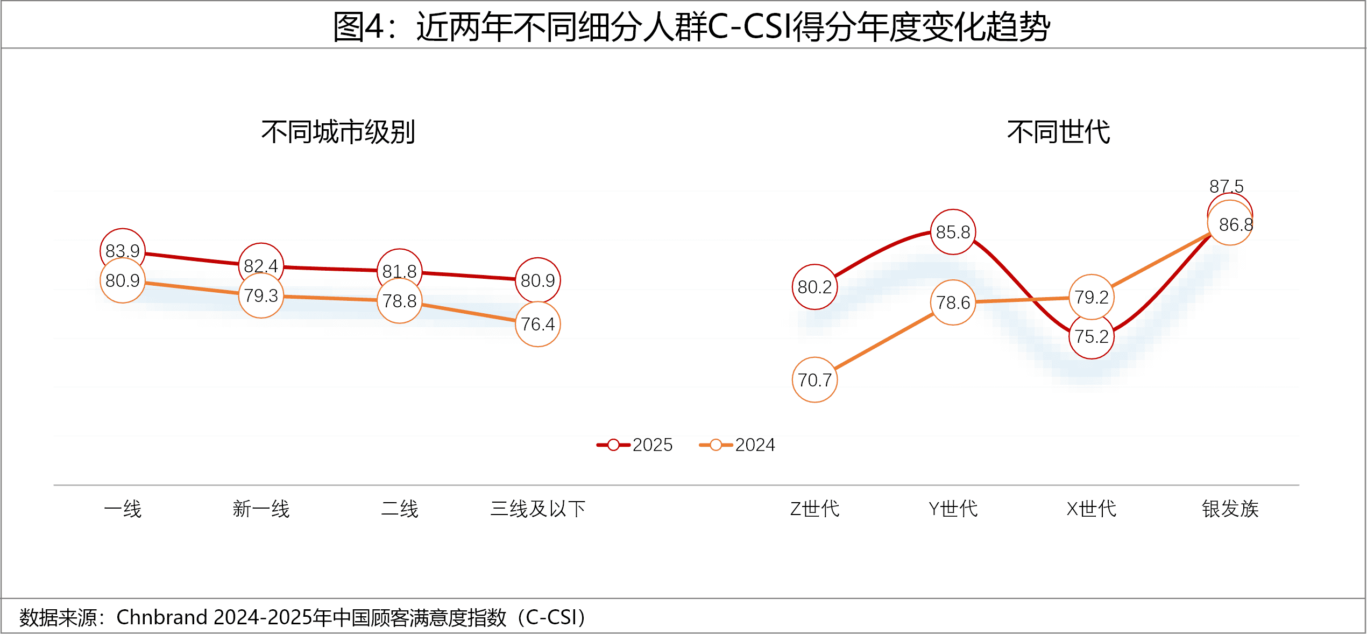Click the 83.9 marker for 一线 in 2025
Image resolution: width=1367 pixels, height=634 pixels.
point(123,250)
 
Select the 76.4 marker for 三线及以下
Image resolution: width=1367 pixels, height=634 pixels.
point(537,324)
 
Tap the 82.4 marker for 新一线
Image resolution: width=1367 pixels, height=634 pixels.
point(261,265)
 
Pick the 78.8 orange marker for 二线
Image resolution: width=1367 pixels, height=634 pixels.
point(399,301)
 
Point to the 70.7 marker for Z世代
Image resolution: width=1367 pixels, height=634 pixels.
point(814,380)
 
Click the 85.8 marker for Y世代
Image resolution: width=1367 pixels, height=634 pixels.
point(953,232)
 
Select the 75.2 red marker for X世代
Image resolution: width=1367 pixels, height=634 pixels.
point(1091,336)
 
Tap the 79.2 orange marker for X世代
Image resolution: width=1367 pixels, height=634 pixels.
point(1091,297)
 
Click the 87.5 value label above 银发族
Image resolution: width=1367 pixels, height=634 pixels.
point(1226,186)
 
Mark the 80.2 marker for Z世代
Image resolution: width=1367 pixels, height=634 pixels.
point(814,287)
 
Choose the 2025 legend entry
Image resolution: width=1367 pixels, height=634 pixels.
point(635,445)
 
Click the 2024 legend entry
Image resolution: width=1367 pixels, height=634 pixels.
point(738,445)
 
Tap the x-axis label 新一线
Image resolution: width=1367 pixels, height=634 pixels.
point(261,509)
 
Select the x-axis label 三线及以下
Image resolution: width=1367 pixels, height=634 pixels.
point(537,509)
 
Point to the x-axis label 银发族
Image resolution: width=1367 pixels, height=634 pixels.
point(1230,509)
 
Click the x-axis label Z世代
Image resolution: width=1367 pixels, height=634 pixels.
point(814,509)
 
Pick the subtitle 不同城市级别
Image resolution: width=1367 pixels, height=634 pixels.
point(338,132)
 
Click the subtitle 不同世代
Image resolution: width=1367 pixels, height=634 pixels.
point(1058,132)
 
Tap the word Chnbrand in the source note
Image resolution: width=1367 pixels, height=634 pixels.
point(161,617)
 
